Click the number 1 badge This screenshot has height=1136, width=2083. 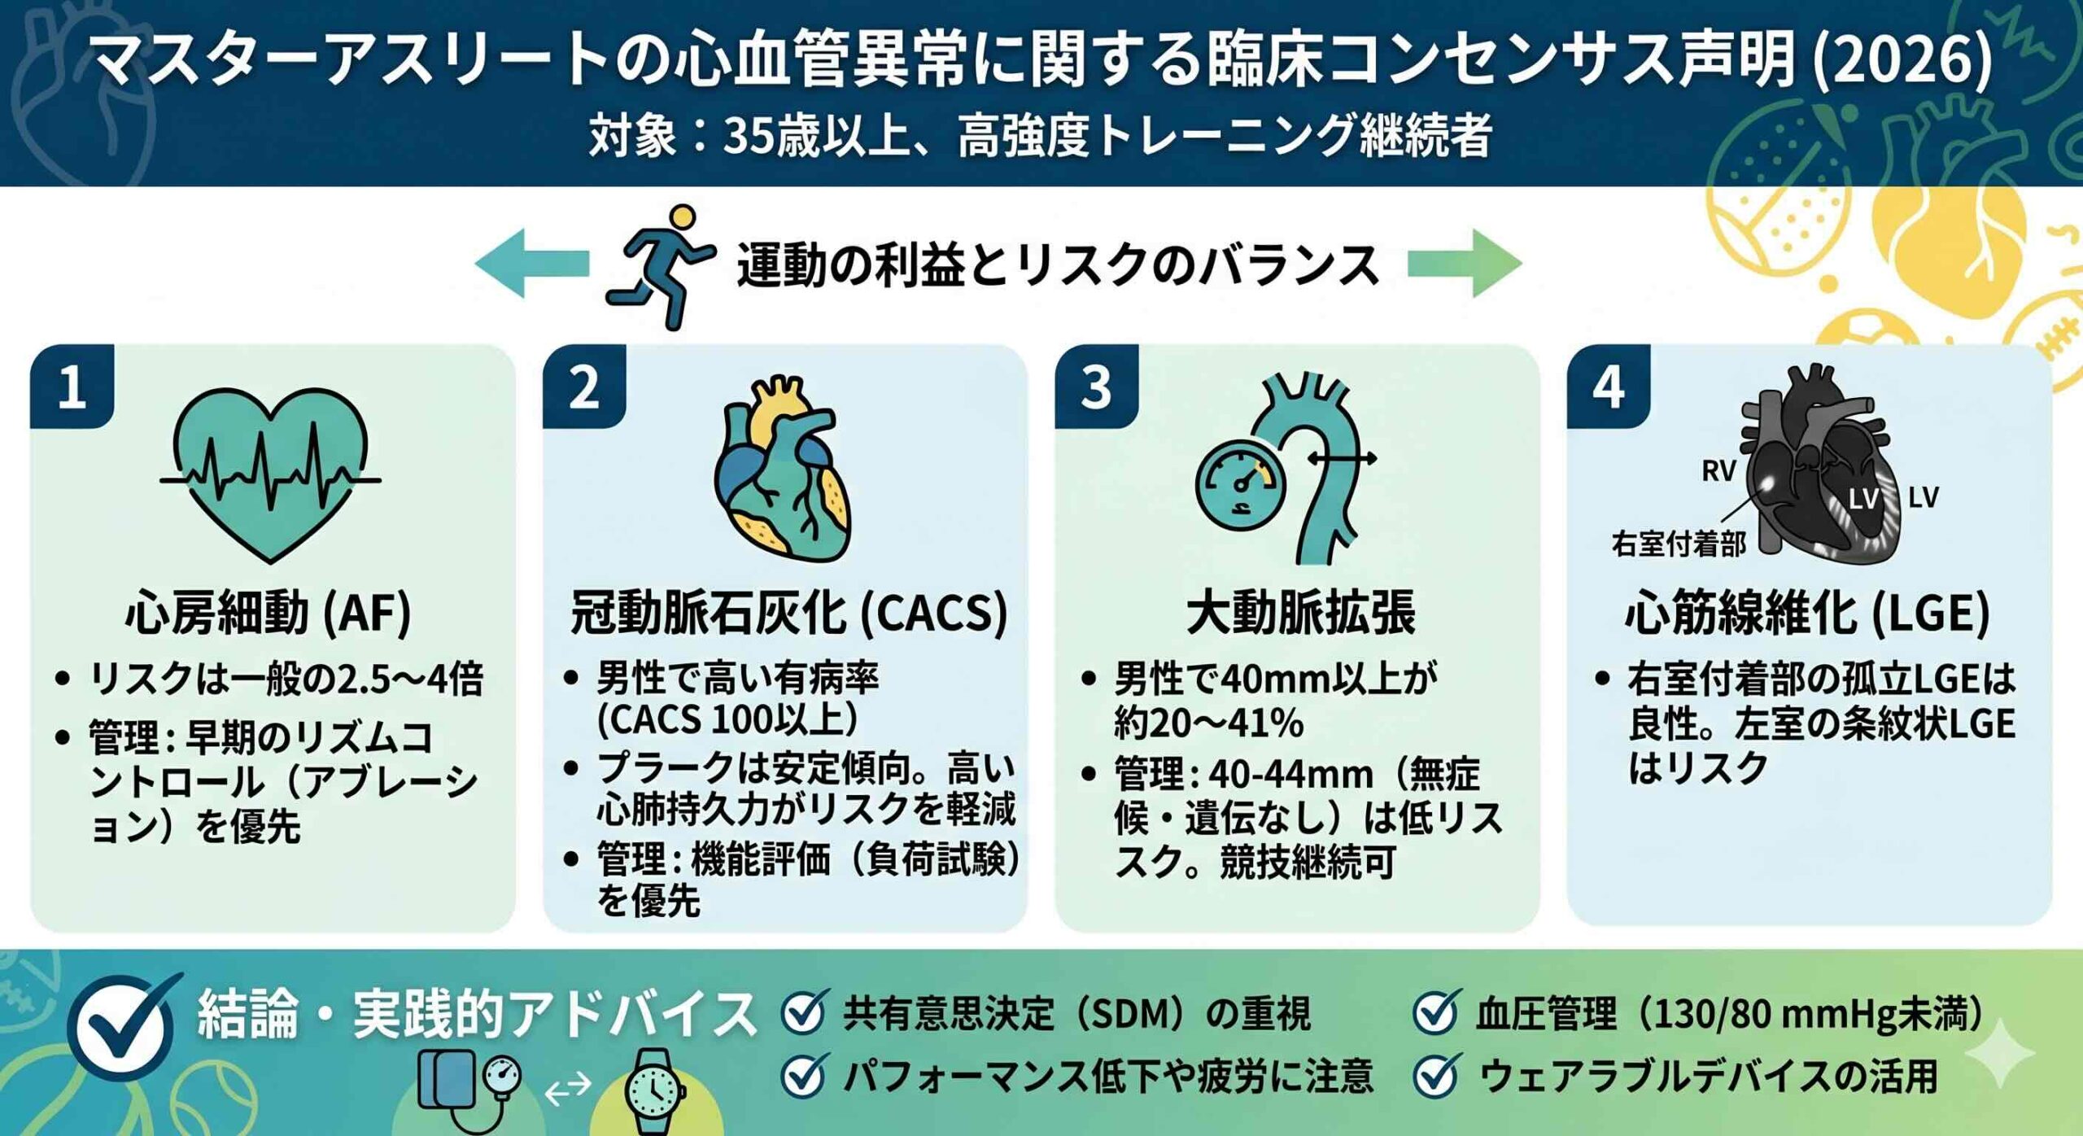72,387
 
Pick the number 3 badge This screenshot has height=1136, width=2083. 1096,387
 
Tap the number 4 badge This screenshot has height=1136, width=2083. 1608,387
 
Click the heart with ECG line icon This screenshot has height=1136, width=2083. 270,474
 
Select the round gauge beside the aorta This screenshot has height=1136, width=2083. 1240,484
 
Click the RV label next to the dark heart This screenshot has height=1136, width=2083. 1718,471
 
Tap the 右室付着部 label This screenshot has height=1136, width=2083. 1678,544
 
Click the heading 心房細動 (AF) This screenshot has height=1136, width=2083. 269,612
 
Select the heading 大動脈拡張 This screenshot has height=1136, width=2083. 1300,612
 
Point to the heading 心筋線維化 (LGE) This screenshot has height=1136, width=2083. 1808,612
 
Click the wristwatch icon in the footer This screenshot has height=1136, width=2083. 653,1090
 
